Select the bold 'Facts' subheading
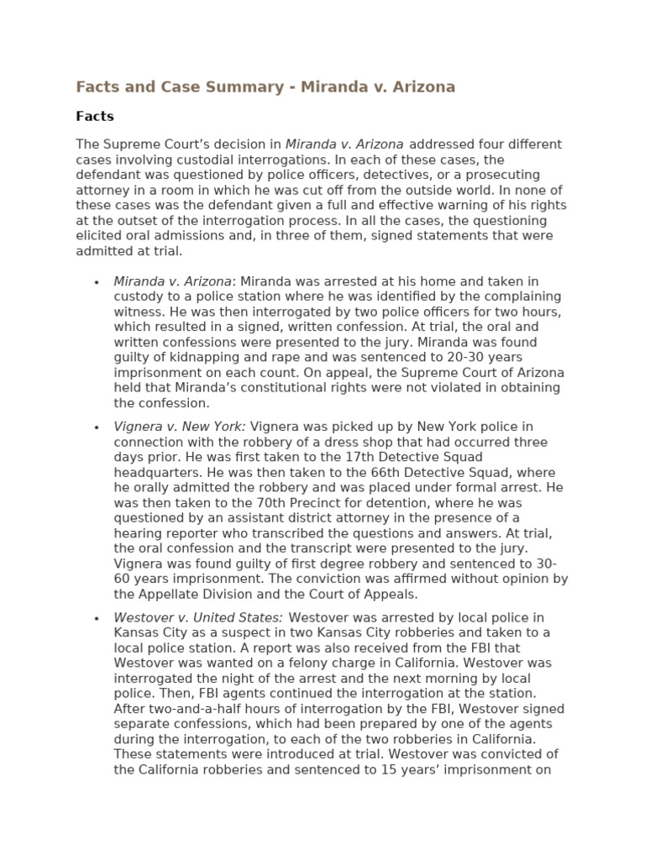coord(95,117)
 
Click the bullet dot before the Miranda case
coord(97,282)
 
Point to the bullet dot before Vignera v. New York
coord(97,428)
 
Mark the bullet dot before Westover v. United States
coord(97,619)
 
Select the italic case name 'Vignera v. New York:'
coord(180,427)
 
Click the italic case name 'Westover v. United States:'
coord(198,618)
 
